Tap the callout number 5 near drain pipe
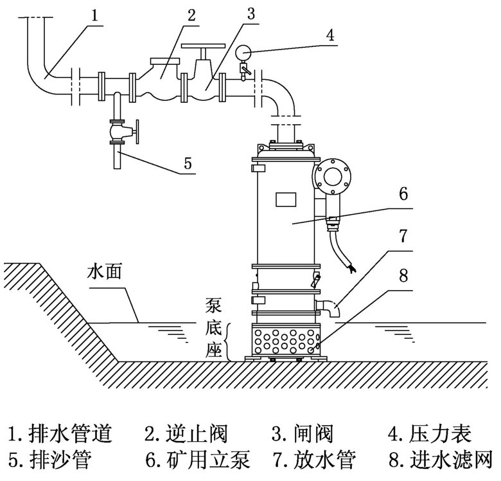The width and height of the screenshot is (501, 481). [188, 163]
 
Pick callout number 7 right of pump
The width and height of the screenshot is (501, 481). [403, 236]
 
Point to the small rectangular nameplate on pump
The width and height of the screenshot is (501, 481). [284, 199]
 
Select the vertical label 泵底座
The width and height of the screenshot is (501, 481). [214, 327]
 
